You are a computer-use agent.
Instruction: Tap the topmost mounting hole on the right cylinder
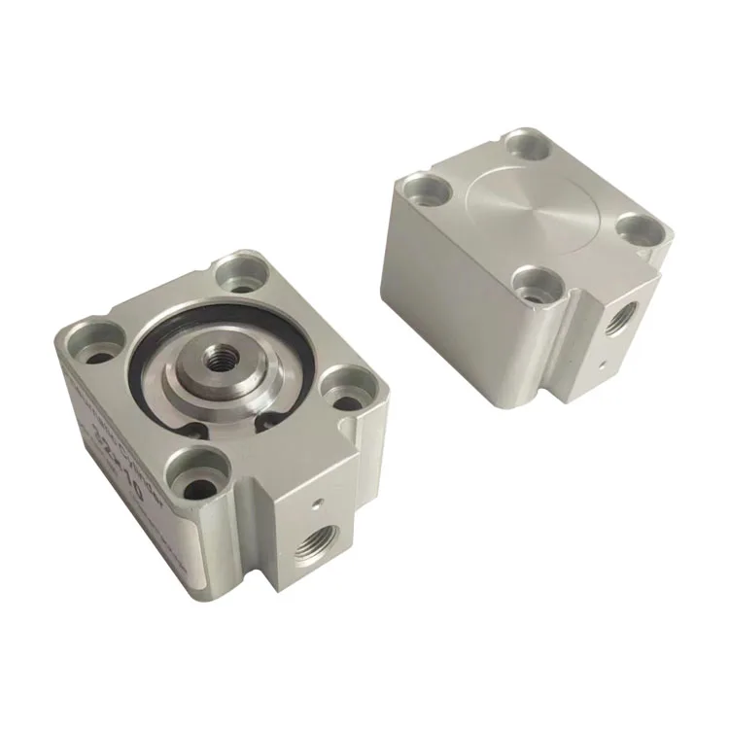(521, 149)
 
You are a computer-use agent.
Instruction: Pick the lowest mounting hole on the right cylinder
(532, 284)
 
